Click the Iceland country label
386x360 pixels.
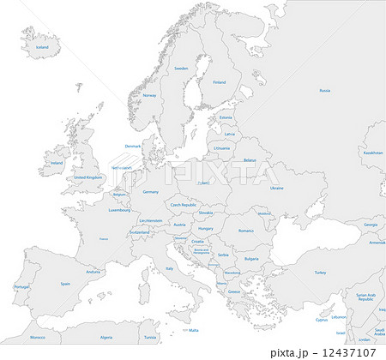point(42,48)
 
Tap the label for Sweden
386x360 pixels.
point(181,68)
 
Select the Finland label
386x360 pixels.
point(220,82)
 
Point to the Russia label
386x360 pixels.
point(324,90)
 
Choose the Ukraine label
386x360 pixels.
point(276,187)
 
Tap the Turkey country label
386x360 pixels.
point(320,273)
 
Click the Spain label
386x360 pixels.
point(65,283)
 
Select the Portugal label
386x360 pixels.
point(22,287)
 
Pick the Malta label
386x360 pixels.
point(194,330)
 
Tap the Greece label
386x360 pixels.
point(234,291)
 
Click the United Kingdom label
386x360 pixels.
point(87,177)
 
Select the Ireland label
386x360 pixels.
point(57,162)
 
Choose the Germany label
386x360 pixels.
point(151,191)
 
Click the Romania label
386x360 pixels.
point(247,230)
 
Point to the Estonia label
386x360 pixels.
point(226,117)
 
